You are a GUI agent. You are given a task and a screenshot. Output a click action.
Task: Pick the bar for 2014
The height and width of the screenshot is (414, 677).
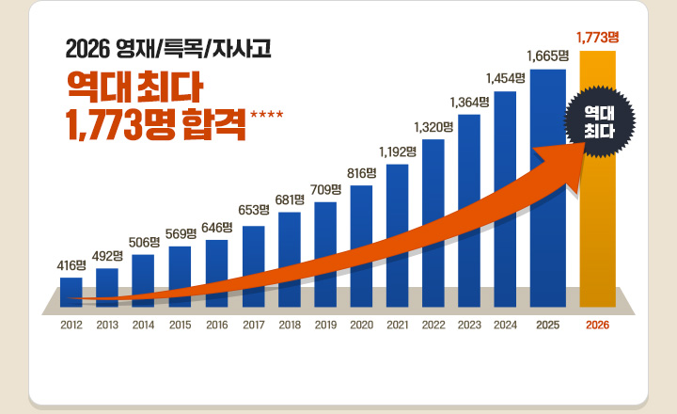tap(143, 279)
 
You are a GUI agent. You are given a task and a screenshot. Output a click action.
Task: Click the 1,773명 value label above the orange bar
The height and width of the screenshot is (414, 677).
tap(598, 37)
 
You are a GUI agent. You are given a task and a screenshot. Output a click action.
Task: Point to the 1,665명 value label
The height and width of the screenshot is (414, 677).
tap(548, 56)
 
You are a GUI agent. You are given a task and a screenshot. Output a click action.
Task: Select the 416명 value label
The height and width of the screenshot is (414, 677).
tap(71, 265)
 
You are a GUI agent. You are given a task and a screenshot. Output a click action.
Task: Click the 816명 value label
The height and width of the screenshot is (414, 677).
tap(362, 172)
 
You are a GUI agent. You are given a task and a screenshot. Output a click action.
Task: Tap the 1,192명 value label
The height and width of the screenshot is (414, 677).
tap(398, 151)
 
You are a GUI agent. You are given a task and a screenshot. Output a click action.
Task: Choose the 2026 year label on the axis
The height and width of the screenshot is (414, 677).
tap(598, 325)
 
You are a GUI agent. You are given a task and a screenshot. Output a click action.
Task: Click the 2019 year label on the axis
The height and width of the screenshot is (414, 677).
tap(325, 325)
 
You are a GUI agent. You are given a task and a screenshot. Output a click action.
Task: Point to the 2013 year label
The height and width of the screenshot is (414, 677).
tap(107, 325)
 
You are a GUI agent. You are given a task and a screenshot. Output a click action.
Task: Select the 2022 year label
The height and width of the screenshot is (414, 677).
tap(433, 325)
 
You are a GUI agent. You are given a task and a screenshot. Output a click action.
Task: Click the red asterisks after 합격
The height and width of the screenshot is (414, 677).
tap(266, 116)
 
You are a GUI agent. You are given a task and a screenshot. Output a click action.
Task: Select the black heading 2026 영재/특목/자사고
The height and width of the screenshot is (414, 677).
tap(168, 47)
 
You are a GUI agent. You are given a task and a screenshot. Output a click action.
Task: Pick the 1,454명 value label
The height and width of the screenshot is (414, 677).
tap(505, 77)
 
